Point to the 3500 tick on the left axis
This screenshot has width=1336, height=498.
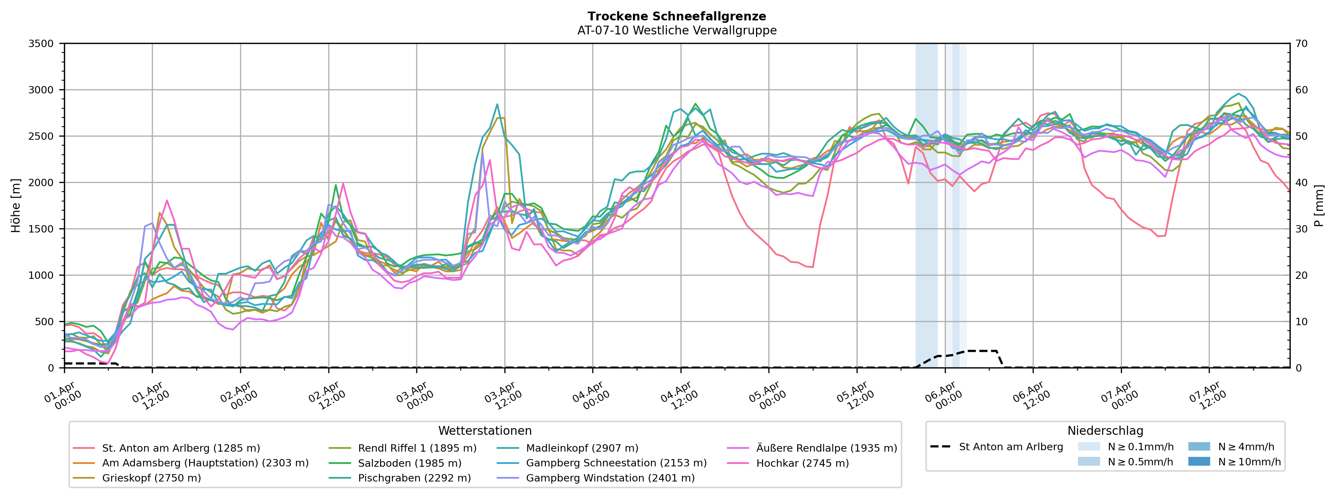(41, 44)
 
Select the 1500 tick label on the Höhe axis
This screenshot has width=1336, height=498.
(41, 229)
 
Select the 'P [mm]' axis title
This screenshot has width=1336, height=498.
(1320, 206)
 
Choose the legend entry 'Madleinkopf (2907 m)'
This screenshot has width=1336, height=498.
(582, 448)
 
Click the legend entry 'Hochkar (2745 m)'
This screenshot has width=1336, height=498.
(802, 463)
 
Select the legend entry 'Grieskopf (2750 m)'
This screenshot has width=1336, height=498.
(151, 478)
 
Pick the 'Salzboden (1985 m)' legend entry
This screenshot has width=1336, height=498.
(409, 463)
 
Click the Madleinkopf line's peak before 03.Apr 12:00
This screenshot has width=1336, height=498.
(497, 104)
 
